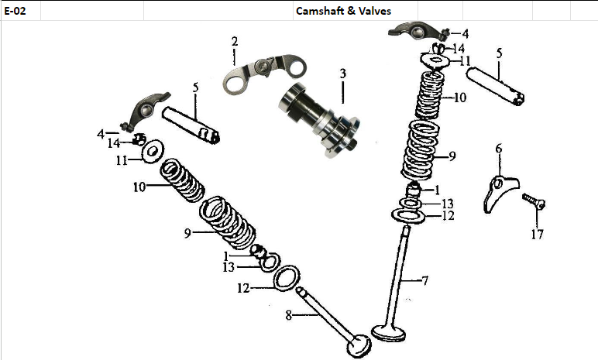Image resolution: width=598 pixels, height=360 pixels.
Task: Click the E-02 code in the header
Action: [15, 11]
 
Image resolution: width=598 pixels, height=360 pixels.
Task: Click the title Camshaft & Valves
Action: [343, 11]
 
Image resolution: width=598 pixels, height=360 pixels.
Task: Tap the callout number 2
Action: [234, 41]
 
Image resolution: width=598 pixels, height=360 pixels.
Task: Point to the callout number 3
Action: [341, 74]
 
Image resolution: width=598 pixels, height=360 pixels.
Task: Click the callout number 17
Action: [536, 234]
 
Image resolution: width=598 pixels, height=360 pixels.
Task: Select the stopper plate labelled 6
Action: [497, 194]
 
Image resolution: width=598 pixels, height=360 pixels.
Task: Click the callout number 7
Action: [424, 280]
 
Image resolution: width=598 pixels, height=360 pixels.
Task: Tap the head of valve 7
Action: [391, 331]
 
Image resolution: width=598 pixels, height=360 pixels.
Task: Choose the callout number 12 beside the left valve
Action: [242, 288]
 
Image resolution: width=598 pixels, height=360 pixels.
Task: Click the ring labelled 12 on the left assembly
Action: [287, 276]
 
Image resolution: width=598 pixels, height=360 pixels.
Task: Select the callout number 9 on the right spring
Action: [453, 156]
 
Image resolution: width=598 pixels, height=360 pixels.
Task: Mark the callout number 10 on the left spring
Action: [139, 187]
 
